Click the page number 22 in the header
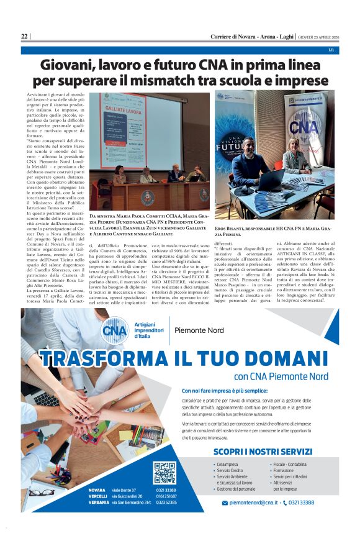24,36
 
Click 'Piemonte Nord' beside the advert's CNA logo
200,330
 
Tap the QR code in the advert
164,473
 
